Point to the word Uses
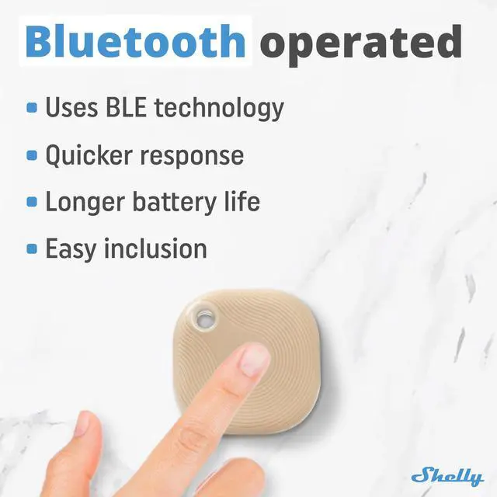pos(71,107)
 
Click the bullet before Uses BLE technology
pos(32,108)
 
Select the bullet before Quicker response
pos(32,155)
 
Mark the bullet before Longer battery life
pos(32,202)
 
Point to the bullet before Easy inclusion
pos(32,248)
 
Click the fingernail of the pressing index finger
pos(254,360)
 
